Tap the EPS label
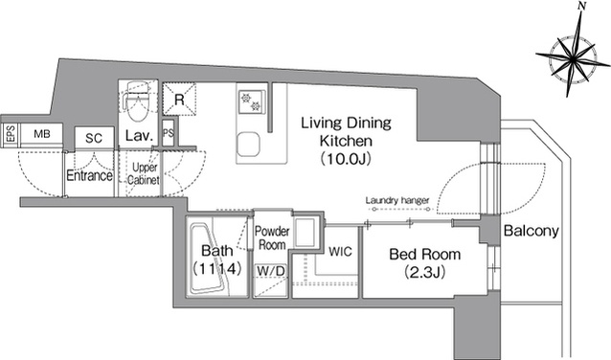click(x=11, y=134)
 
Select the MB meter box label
click(x=42, y=134)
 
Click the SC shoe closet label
click(x=94, y=138)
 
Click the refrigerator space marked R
click(x=179, y=99)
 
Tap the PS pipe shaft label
click(x=169, y=133)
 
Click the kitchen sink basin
click(x=249, y=144)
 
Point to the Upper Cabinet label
click(x=144, y=173)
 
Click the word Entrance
click(x=89, y=176)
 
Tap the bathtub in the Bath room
click(x=211, y=258)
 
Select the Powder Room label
click(x=272, y=238)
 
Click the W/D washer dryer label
click(x=271, y=270)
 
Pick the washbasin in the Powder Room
click(x=305, y=233)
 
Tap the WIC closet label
click(x=340, y=251)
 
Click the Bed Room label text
click(x=425, y=255)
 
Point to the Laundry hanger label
click(x=397, y=200)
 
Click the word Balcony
click(x=532, y=231)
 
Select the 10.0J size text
click(x=345, y=159)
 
